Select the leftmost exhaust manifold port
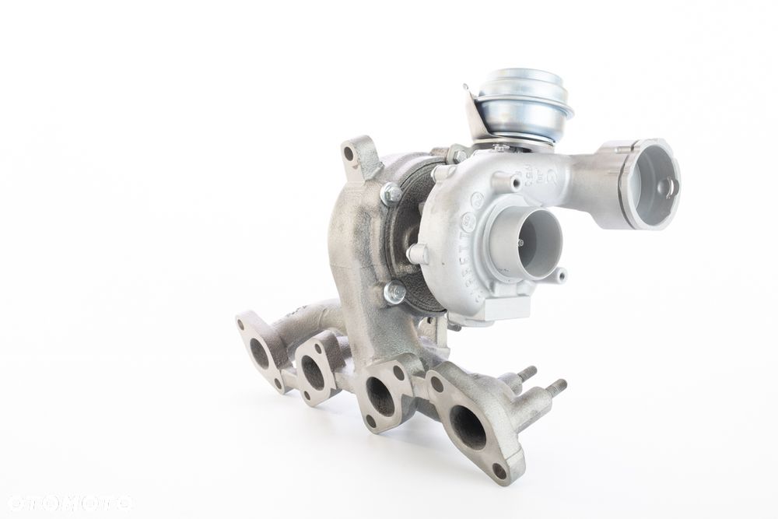260,352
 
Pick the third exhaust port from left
380,396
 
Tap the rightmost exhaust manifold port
468,426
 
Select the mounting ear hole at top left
349,154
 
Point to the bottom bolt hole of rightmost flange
499,470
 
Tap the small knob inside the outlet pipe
664,188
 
